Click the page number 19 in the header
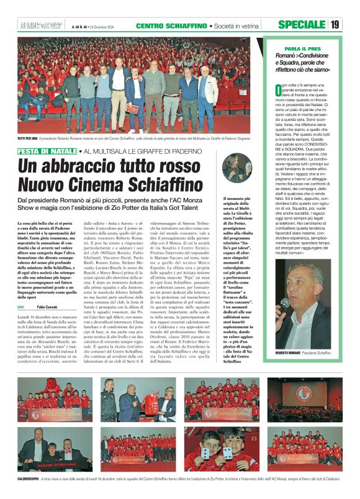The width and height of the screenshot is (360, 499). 335,25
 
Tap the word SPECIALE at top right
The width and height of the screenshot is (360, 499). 302,25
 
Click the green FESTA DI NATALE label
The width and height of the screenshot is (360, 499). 47,151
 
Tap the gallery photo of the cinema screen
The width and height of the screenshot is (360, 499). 304,397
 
